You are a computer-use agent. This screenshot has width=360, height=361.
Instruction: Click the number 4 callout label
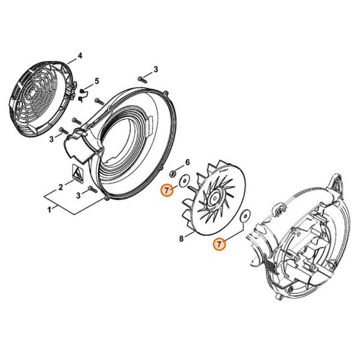coord(79,55)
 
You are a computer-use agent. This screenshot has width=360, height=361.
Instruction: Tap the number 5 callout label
coord(97,81)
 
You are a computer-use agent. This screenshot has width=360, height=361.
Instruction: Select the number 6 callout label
coord(188,162)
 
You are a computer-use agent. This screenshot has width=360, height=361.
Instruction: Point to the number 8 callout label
coord(181,239)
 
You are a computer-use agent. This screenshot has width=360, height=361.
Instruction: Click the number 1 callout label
coord(49,210)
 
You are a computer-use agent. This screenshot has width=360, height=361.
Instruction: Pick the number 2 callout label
coord(60,187)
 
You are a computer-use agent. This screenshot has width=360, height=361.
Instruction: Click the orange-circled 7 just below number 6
coord(167,190)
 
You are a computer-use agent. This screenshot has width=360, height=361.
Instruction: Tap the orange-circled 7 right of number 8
coord(219,244)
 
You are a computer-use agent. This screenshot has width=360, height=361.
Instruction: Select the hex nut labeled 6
coord(172,173)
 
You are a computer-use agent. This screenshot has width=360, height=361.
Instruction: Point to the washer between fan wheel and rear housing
coord(245,215)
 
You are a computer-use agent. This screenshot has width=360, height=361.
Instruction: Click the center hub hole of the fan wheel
coord(215,197)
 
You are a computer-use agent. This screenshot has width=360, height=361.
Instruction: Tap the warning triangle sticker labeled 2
coord(78,173)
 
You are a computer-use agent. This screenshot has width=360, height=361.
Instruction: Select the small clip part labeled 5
coord(82,95)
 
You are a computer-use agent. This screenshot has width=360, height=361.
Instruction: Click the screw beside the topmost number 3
coord(142,79)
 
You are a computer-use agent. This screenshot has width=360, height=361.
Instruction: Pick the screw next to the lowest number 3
coord(92,190)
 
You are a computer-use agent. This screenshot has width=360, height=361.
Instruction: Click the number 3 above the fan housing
coord(156,69)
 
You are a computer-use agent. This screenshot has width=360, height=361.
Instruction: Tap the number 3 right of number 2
coord(78,196)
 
